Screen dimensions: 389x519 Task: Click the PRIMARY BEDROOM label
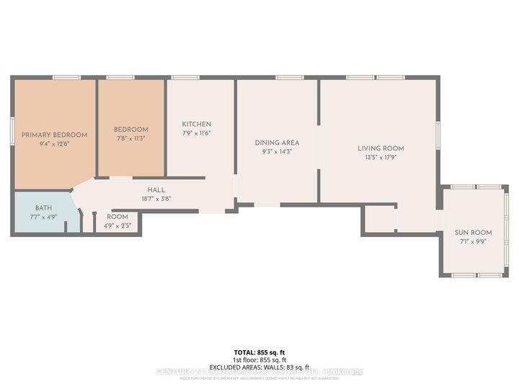(54, 135)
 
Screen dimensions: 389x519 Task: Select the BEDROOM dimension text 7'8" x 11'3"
(130, 138)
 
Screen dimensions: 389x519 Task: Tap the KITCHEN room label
(196, 124)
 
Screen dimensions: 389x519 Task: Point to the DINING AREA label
(277, 143)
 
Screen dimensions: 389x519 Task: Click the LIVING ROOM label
(378, 148)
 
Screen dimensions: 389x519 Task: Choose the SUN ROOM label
(473, 233)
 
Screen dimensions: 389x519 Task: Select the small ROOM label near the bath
(117, 217)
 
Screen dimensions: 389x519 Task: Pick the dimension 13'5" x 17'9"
(378, 157)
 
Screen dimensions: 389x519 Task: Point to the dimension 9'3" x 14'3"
(277, 151)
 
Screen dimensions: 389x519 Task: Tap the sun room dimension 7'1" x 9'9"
(473, 241)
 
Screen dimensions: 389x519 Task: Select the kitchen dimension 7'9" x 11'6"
(196, 133)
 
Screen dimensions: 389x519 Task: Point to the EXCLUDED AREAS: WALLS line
(259, 367)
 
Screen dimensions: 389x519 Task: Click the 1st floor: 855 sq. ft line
(259, 359)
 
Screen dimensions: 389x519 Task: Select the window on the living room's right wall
(438, 137)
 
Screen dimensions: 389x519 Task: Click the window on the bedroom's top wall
(120, 77)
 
